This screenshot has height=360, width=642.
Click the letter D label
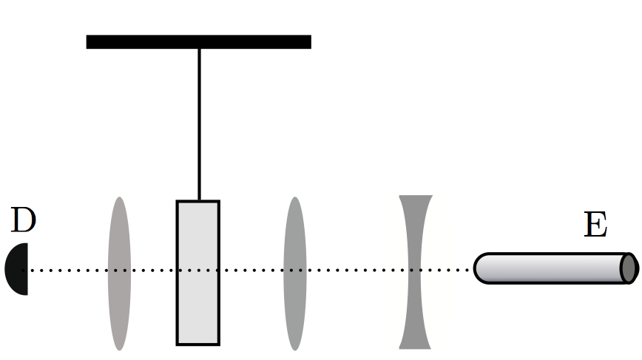point(24,221)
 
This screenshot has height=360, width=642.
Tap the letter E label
point(595,225)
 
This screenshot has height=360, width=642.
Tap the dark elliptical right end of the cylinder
point(629,268)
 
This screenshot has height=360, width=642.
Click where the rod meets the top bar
point(199,48)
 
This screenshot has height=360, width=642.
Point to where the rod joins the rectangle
point(199,200)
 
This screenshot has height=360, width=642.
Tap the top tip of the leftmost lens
point(118,200)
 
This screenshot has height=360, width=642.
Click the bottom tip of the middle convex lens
point(294,347)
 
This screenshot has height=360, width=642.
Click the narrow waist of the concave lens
point(415,271)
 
